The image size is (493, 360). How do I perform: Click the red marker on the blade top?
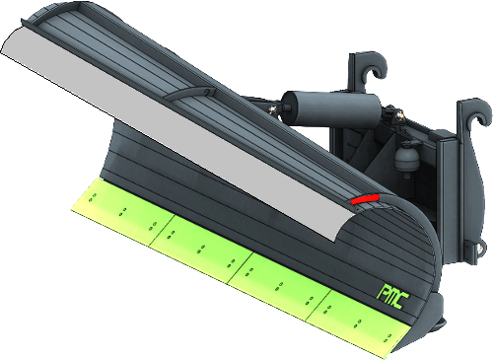365,199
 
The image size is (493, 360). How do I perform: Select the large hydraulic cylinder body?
331,108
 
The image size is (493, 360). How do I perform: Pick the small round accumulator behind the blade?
407,158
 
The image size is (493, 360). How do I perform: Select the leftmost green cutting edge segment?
121,210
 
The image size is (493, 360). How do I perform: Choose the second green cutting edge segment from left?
201,249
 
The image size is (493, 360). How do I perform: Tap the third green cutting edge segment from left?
279,285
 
